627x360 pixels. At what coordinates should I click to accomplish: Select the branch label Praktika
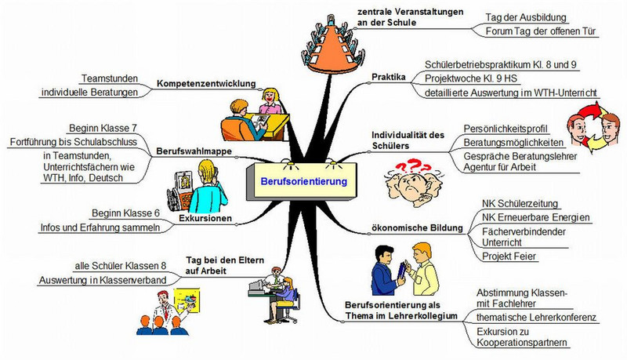(x=389, y=78)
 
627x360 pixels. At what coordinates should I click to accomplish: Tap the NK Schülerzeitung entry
(x=520, y=202)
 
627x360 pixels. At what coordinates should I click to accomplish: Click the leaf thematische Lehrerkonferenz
(x=537, y=318)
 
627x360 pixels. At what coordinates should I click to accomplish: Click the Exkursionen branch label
(x=206, y=219)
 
